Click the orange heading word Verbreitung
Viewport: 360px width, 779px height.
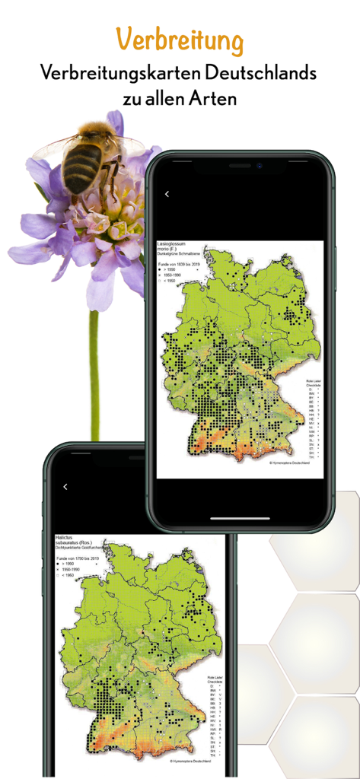pos(180,39)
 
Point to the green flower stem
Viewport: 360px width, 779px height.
pos(94,365)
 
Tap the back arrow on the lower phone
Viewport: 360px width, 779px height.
pos(65,487)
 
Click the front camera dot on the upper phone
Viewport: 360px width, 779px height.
pos(259,165)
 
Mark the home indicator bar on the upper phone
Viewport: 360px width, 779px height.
pos(240,520)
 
